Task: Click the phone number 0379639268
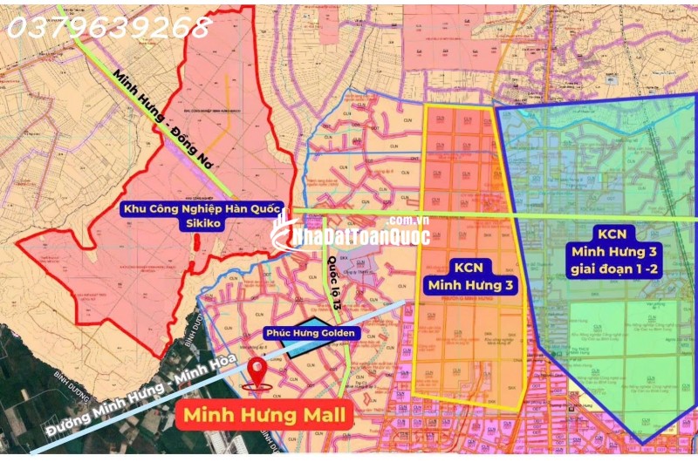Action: click(x=108, y=27)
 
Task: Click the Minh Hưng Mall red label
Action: click(x=267, y=415)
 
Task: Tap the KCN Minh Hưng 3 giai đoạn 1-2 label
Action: click(x=618, y=251)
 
